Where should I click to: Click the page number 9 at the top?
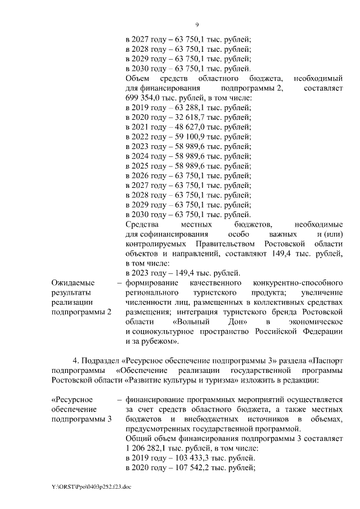click(197, 25)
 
